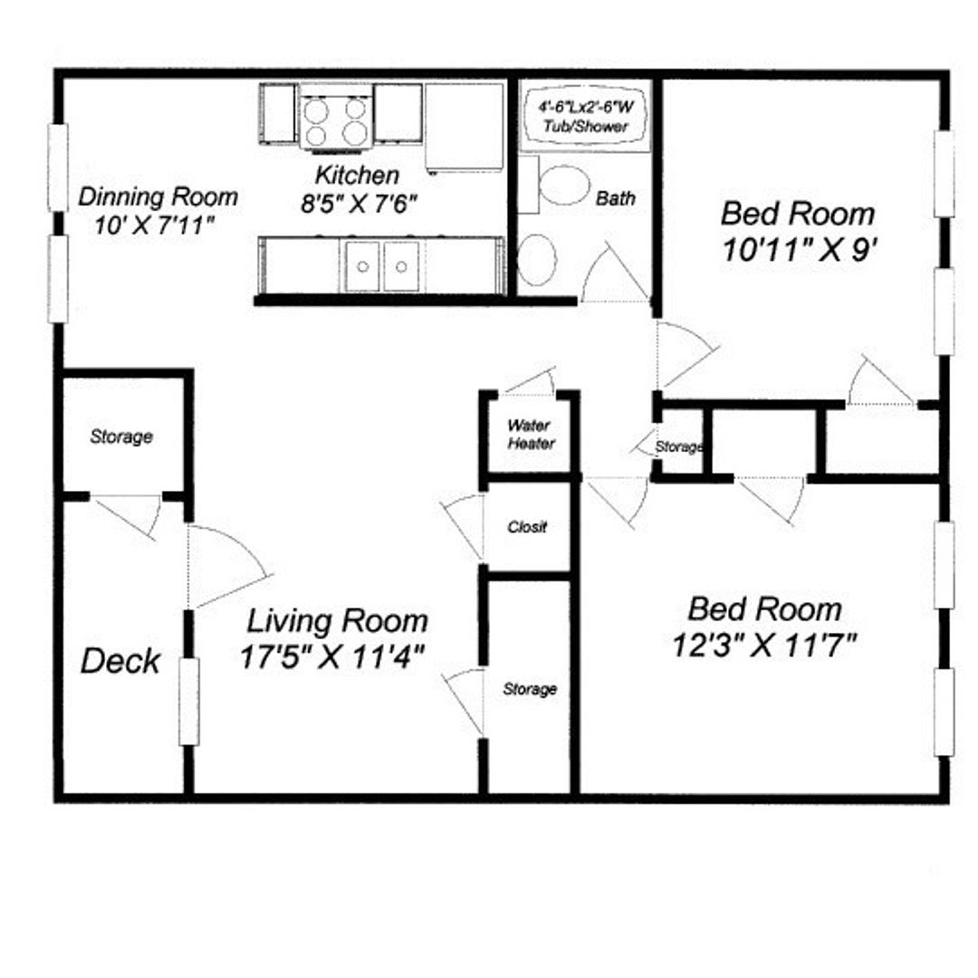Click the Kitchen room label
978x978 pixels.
point(358,176)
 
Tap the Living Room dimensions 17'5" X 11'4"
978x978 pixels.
point(332,657)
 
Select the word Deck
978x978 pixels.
point(120,661)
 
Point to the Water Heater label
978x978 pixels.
point(531,434)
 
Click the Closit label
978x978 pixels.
point(527,527)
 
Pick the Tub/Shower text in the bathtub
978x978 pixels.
point(586,127)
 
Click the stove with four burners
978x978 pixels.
point(336,120)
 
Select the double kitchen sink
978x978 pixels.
point(382,266)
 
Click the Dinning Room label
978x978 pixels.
point(158,197)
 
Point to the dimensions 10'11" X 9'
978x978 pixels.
point(801,250)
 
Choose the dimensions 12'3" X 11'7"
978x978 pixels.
point(764,645)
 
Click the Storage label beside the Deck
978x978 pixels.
point(121,436)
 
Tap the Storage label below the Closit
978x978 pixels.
point(530,688)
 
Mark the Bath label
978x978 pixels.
point(616,198)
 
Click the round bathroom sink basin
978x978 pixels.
point(536,260)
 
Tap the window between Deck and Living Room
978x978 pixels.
point(189,702)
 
